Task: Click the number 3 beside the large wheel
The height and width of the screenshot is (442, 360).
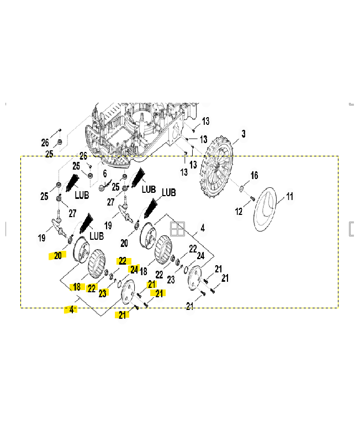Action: point(243,134)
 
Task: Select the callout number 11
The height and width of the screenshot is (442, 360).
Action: point(289,197)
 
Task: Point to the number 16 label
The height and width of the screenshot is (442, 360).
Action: point(254,176)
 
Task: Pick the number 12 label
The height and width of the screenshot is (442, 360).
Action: point(239,211)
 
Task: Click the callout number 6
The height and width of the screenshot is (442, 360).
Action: point(104,173)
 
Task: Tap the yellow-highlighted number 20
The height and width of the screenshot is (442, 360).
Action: point(58,255)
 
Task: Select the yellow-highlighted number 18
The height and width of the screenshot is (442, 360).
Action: point(77,286)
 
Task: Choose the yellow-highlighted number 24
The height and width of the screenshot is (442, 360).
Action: point(134,269)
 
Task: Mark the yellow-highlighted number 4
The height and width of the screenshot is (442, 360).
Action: point(71,310)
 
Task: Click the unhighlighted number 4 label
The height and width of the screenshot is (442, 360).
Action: point(203,228)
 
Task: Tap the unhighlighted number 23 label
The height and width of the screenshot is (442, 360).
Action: point(171,280)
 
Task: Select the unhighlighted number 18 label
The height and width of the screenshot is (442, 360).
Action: point(144,272)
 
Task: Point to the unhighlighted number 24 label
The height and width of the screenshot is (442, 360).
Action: point(200,256)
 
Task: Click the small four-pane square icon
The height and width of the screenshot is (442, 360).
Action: point(178,229)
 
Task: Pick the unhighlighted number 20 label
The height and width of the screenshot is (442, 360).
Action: point(124,243)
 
